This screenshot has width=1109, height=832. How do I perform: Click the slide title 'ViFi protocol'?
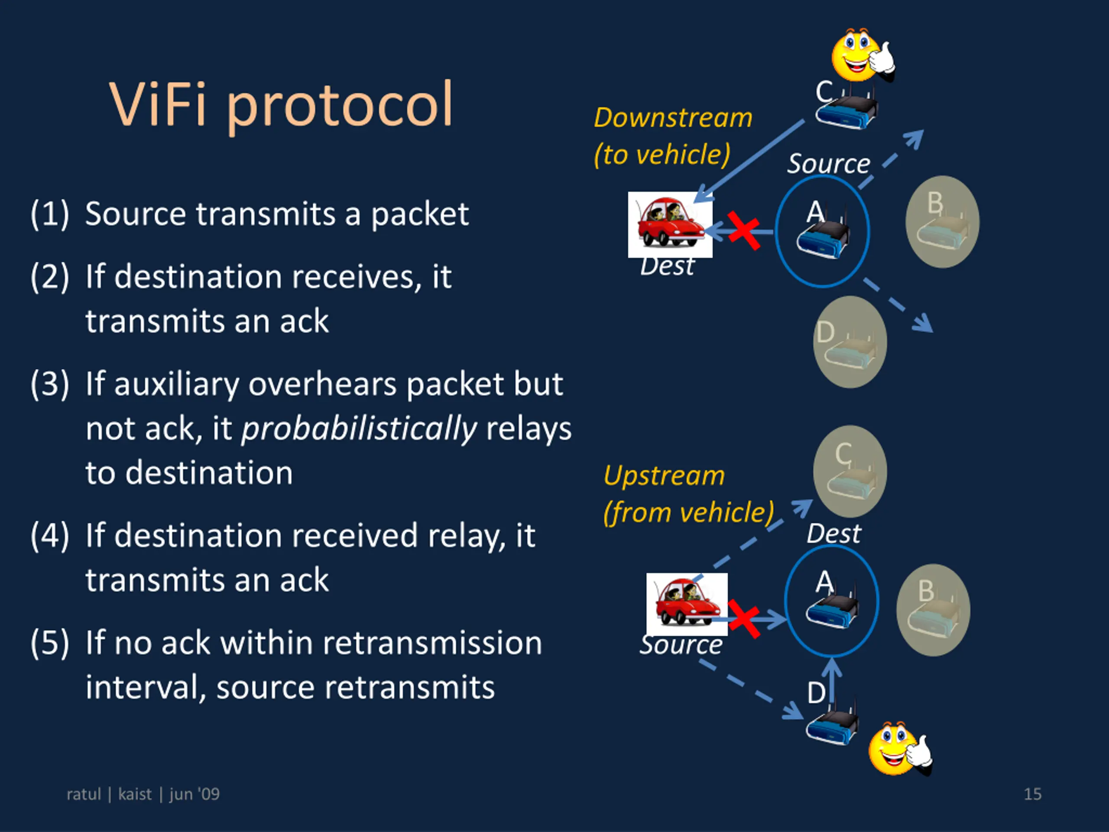click(x=281, y=105)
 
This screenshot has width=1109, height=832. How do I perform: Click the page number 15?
click(x=1032, y=794)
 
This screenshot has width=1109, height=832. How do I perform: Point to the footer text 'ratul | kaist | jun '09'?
click(x=143, y=794)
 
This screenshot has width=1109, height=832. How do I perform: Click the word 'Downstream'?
click(x=673, y=118)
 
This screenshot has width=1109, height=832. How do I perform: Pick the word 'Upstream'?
click(x=664, y=475)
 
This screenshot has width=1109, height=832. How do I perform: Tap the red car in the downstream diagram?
click(x=670, y=224)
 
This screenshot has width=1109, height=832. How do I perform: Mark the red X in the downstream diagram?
click(x=743, y=231)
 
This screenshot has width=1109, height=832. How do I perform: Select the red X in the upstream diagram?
click(x=744, y=619)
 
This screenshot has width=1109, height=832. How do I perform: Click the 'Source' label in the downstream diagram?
click(x=828, y=164)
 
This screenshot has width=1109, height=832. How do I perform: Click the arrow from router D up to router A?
click(x=832, y=679)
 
